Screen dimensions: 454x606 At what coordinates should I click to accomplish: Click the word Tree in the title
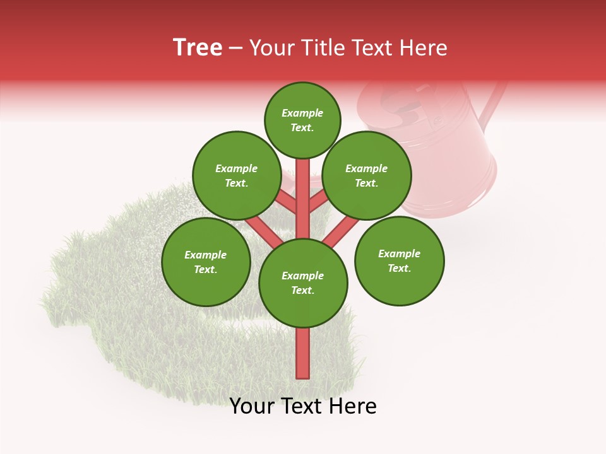tap(198, 48)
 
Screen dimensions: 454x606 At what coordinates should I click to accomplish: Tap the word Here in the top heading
tap(423, 48)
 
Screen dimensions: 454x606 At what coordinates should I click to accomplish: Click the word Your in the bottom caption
tap(251, 406)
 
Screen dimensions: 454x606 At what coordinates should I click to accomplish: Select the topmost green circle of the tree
tap(302, 120)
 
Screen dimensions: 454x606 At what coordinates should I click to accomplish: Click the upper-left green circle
tap(237, 175)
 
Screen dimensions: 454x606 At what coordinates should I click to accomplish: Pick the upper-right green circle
tap(367, 175)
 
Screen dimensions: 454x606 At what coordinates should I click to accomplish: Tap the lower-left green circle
tap(206, 262)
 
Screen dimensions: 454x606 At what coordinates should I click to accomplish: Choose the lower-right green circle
tap(400, 260)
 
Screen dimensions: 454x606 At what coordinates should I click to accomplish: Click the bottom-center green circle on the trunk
tap(303, 283)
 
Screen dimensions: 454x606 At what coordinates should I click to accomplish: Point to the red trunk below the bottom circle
tap(303, 353)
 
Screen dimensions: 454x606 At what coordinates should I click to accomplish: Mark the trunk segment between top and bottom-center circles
tap(303, 199)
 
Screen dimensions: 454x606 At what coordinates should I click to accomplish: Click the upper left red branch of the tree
tap(287, 202)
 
